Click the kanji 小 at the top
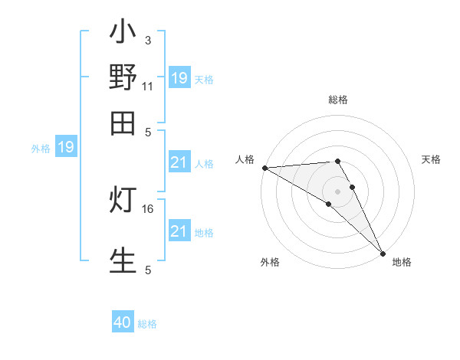(123, 35)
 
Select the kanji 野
(123, 78)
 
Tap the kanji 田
(123, 123)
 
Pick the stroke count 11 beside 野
(148, 86)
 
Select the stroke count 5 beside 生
(148, 270)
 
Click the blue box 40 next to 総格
(123, 322)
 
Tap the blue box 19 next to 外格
(66, 148)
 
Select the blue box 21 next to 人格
(179, 162)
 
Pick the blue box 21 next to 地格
(179, 231)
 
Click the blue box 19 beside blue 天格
(179, 78)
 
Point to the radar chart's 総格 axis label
(338, 100)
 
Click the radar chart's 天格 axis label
(432, 159)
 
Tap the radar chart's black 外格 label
(269, 262)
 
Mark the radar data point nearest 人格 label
(264, 167)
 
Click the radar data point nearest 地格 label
(383, 254)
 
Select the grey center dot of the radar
(338, 191)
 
